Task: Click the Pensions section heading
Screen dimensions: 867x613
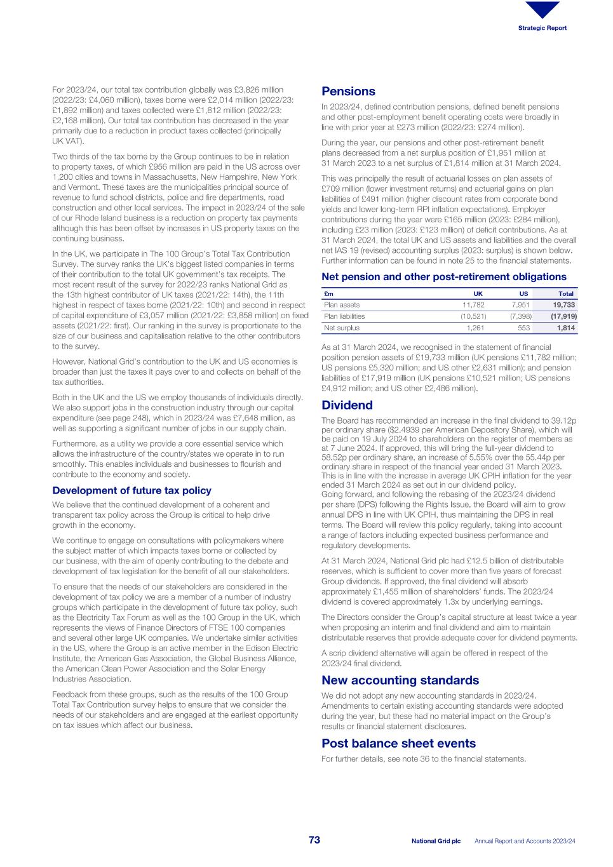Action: click(x=348, y=91)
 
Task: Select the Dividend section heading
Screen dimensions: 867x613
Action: click(x=347, y=405)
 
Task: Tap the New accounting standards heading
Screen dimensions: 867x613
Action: click(x=400, y=680)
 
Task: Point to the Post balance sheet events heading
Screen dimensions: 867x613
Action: click(x=398, y=743)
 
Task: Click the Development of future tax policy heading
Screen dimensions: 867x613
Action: click(x=131, y=490)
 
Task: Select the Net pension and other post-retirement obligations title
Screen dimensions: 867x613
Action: click(x=443, y=277)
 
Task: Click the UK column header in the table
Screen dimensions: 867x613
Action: click(x=478, y=293)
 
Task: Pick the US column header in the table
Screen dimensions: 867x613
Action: click(x=523, y=293)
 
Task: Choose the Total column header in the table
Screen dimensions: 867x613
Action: click(x=565, y=293)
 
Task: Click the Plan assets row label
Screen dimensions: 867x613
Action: click(x=342, y=305)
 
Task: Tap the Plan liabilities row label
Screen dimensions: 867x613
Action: click(x=344, y=316)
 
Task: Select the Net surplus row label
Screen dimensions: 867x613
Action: click(x=342, y=328)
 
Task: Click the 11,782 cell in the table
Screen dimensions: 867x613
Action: click(x=473, y=305)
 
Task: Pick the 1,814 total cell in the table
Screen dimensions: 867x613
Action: click(x=566, y=328)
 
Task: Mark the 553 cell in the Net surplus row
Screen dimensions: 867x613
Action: click(x=523, y=328)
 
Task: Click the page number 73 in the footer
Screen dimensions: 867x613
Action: click(x=314, y=840)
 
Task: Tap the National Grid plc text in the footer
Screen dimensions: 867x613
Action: click(x=436, y=841)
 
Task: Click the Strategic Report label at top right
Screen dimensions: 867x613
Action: click(x=542, y=28)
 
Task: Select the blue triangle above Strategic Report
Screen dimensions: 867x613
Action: click(x=542, y=10)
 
